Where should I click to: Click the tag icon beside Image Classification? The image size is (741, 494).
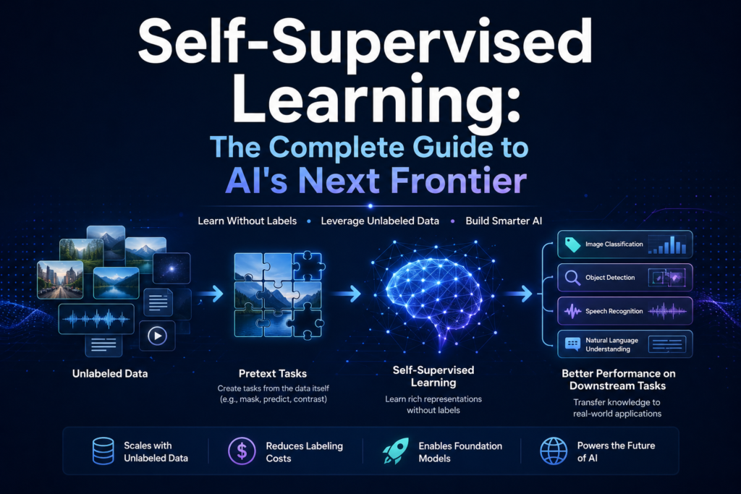pyautogui.click(x=572, y=245)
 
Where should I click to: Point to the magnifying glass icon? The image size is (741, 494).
pyautogui.click(x=572, y=278)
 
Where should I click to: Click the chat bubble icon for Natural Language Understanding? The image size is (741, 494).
pyautogui.click(x=572, y=344)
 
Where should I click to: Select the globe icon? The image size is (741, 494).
pyautogui.click(x=554, y=451)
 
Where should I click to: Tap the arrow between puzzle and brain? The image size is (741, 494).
pyautogui.click(x=350, y=294)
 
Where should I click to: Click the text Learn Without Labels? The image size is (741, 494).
pyautogui.click(x=247, y=221)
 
